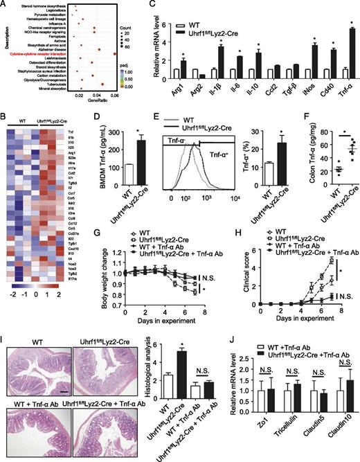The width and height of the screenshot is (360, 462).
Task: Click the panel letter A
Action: point(6,6)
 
